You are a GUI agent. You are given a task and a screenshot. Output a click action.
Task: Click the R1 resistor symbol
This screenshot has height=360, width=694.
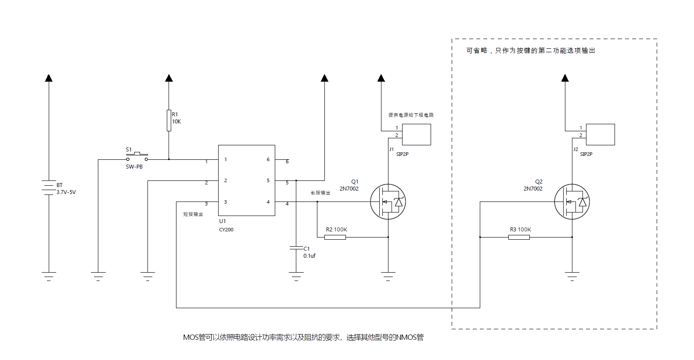pos(169,120)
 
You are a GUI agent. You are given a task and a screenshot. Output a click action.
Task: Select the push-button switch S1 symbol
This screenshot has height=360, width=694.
pos(137,157)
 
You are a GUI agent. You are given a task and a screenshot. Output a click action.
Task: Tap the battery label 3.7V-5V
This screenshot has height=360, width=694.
pos(66,192)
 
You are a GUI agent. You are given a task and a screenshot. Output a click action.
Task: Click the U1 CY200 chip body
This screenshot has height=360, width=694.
pos(247,180)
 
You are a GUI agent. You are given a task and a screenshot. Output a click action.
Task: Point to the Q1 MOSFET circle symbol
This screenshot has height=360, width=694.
pos(388,202)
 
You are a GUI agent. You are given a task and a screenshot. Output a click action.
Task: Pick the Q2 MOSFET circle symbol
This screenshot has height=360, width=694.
pos(572,202)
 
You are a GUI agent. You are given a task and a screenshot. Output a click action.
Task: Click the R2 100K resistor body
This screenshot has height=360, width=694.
pos(335,237)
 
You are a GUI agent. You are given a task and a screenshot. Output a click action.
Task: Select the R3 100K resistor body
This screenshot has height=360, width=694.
pos(519,237)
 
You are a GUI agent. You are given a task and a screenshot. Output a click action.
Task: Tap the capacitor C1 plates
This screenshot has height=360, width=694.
pos(296,248)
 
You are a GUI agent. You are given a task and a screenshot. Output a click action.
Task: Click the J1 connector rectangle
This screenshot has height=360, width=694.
pos(417,134)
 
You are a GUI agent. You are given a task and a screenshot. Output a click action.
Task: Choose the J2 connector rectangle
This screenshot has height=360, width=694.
pos(601,134)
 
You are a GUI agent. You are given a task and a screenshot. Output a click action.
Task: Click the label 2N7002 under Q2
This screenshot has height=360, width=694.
pos(533,189)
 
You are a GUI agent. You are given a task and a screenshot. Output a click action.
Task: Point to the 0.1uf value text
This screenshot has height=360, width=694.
pos(309,256)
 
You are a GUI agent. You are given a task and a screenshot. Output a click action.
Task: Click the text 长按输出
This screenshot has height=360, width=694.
pos(320,193)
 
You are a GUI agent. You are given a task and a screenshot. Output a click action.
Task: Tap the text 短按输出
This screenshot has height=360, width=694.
pos(193,214)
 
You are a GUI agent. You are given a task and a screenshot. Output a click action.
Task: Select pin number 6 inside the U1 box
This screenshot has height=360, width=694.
pos(268,159)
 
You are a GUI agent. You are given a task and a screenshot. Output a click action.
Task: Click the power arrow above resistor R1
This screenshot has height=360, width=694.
pos(169,78)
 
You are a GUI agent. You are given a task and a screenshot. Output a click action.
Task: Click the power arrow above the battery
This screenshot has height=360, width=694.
pos(49,78)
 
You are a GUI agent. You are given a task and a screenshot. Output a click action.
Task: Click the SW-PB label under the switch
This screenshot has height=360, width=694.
pos(134,167)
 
